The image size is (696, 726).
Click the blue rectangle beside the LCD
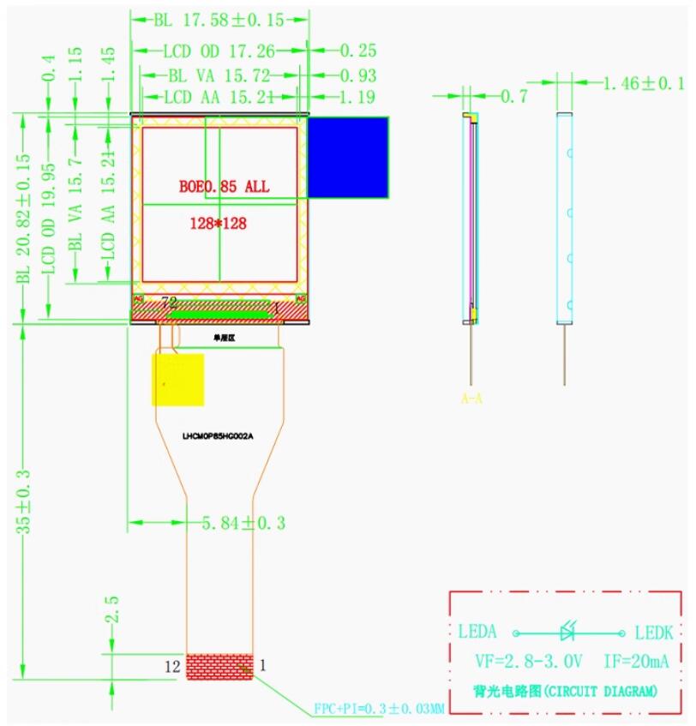point(348,156)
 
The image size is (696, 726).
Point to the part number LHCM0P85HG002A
point(218,435)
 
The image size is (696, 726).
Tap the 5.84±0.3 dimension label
point(243,523)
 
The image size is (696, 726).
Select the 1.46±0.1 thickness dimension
point(644,83)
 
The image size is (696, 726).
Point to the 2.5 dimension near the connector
point(110,611)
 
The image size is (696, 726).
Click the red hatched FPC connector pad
point(220,665)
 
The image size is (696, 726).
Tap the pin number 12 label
point(173,664)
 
